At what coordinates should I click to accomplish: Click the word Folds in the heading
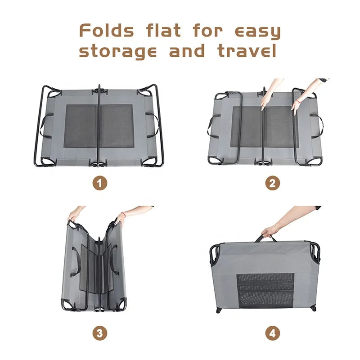(x=106, y=31)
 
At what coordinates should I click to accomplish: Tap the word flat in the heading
(x=163, y=31)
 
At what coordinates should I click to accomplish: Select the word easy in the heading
(x=257, y=32)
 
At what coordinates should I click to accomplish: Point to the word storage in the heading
(x=118, y=51)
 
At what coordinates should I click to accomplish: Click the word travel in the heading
(x=247, y=50)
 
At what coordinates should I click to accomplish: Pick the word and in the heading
(x=187, y=50)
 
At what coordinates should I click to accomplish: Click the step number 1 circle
(x=100, y=183)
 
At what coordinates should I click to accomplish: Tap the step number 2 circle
(x=273, y=183)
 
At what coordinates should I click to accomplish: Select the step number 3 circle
(x=100, y=333)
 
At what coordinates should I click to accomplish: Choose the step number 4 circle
(x=273, y=333)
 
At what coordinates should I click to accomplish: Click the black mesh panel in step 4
(x=265, y=291)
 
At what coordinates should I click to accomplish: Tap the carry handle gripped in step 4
(x=265, y=238)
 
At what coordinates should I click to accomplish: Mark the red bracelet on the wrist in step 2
(x=297, y=101)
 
